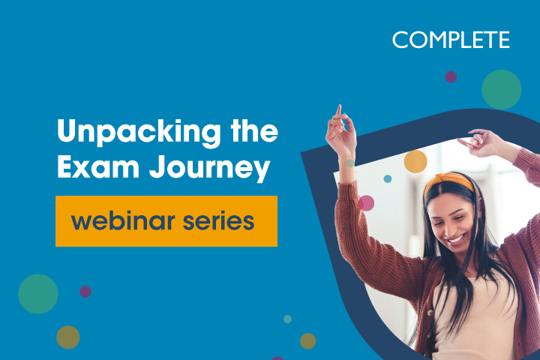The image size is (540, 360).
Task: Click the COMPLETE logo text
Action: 451,40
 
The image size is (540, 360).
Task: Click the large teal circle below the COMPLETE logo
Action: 501,90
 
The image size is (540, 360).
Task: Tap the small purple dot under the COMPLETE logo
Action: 451,76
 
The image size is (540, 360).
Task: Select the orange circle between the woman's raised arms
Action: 415,161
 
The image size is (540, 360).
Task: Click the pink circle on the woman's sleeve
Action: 366,202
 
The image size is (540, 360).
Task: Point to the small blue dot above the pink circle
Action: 388,178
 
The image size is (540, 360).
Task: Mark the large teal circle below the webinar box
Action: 38,293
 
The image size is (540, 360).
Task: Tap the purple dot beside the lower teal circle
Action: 85,291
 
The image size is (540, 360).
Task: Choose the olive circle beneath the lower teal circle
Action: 67,337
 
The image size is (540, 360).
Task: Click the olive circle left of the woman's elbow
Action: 308,340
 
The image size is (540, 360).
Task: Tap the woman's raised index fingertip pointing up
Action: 339,107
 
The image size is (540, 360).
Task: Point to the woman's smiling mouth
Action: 454,238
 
